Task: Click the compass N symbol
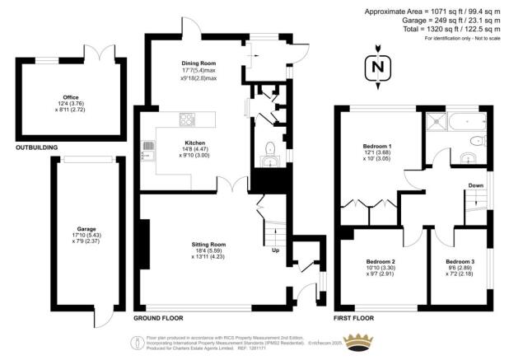pos(377,67)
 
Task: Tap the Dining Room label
pos(199,63)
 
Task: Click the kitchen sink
pos(149,149)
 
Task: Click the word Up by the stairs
pos(276,250)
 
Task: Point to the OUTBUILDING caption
pos(37,147)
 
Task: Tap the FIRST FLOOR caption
pos(354,317)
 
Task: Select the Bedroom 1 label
pos(378,147)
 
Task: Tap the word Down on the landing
pos(475,185)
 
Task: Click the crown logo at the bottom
pos(359,342)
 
